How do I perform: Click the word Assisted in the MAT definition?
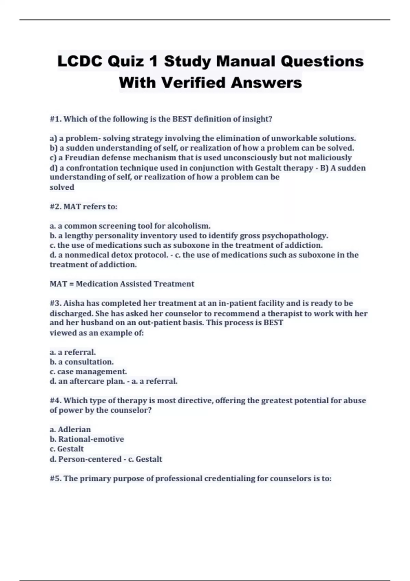pyautogui.click(x=135, y=284)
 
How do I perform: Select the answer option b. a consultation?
pyautogui.click(x=82, y=362)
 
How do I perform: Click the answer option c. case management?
pyautogui.click(x=88, y=371)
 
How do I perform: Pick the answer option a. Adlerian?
pyautogui.click(x=70, y=430)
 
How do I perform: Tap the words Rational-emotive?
pyautogui.click(x=91, y=439)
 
